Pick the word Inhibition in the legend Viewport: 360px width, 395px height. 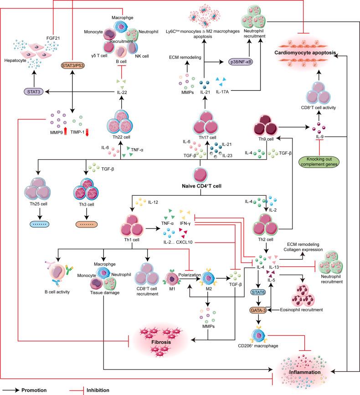(x=96, y=390)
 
